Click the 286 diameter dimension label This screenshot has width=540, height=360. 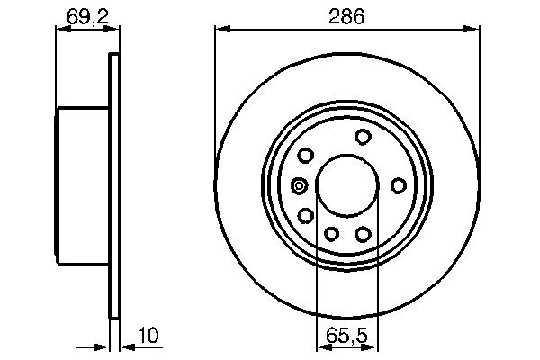(346, 15)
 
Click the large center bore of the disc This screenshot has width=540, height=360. (346, 184)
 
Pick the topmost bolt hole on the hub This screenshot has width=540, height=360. (364, 137)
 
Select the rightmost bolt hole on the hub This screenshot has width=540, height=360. (399, 185)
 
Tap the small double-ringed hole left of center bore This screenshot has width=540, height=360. (300, 186)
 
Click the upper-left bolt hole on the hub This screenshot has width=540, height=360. (306, 155)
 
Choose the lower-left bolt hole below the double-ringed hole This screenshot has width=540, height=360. (306, 215)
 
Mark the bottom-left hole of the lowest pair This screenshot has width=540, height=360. (331, 234)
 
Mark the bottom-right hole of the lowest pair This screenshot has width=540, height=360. (364, 234)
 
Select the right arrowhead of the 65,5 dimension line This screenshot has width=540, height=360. (371, 346)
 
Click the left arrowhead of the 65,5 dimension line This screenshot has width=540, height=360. (322, 346)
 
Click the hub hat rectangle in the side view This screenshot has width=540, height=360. (83, 184)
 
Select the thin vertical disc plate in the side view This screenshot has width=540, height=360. (114, 184)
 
